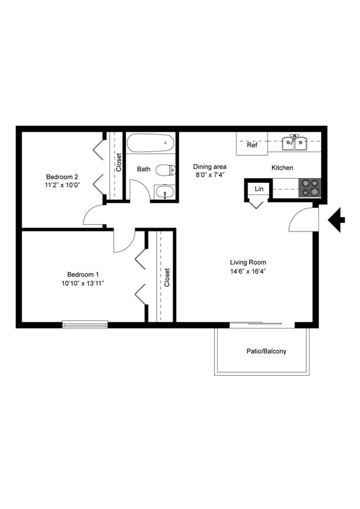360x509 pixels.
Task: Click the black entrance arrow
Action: pos(336,220)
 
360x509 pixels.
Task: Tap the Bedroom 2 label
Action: pos(61,177)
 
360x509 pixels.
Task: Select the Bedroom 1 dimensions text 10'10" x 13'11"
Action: pos(83,283)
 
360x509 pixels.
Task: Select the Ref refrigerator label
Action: pos(252,146)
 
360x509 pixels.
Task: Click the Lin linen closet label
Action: pos(259,189)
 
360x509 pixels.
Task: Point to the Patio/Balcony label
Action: pos(266,351)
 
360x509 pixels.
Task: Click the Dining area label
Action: pos(209,166)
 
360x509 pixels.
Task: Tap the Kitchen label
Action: pos(282,168)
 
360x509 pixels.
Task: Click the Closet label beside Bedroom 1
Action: pos(167,277)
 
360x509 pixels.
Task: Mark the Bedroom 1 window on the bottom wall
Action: pos(85,324)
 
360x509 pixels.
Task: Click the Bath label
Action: pos(143,169)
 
